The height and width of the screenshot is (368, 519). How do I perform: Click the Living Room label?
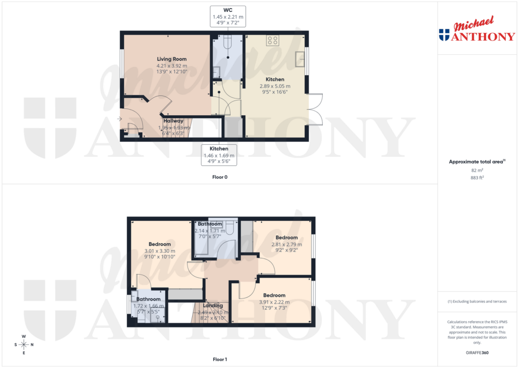coord(171,59)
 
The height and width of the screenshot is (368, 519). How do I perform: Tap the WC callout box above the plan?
coord(228,16)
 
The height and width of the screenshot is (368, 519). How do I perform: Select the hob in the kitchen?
coord(273,41)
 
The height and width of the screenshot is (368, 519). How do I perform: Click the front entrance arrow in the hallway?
coord(120,119)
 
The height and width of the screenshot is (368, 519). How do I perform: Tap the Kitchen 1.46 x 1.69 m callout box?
coord(219,154)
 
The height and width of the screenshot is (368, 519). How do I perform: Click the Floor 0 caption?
coord(219,178)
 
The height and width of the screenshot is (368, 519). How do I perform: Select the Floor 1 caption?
coord(219,359)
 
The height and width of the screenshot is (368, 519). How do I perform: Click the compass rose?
coord(24,345)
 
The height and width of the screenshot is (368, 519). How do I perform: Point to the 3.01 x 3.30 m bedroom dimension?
coord(160,251)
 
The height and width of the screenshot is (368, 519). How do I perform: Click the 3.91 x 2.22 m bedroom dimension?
coord(274,303)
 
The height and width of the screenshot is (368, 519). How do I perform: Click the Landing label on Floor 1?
coord(213,306)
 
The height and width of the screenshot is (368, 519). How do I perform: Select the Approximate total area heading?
coord(477,161)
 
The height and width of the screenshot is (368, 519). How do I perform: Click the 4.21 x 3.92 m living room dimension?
coord(171,65)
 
